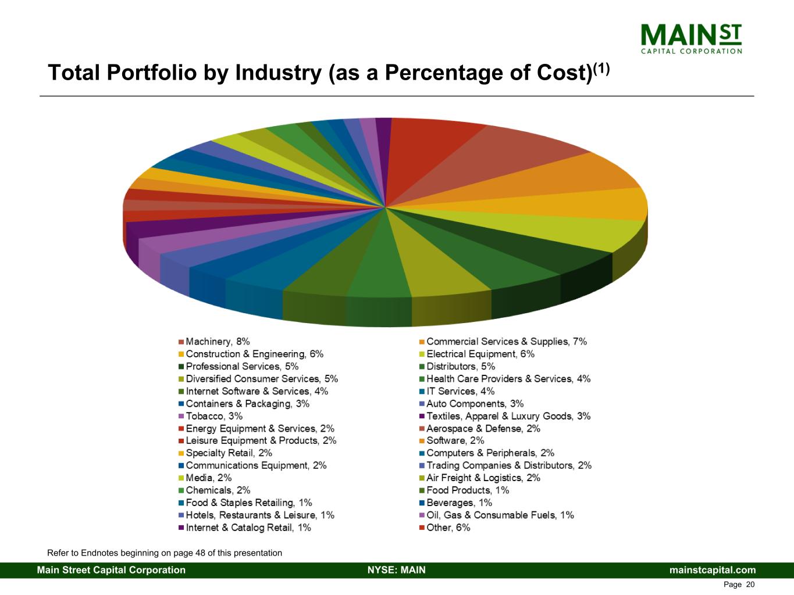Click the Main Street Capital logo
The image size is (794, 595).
[x=691, y=39]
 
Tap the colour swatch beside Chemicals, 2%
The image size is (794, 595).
[x=181, y=490]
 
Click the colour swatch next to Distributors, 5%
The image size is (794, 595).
[x=422, y=367]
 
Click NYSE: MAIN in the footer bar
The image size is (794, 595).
[x=396, y=570]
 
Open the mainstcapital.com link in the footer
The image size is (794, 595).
[x=713, y=570]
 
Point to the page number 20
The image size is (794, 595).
[x=750, y=585]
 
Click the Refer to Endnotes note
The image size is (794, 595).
[x=165, y=553]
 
